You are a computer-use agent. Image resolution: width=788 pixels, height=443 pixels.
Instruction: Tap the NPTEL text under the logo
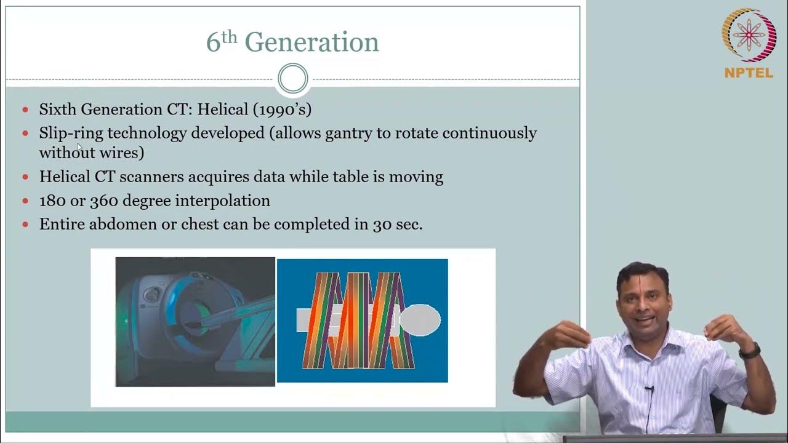749,73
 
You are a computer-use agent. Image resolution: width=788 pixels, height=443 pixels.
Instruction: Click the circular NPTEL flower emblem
749,35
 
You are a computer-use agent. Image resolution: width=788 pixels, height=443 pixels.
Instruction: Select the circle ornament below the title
292,79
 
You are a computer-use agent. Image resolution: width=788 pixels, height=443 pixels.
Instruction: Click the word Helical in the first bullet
223,110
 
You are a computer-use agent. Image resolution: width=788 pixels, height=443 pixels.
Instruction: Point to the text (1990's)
282,110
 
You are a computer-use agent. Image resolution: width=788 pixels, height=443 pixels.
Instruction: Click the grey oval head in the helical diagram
420,319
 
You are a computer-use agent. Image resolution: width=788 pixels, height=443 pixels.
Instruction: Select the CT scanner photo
195,322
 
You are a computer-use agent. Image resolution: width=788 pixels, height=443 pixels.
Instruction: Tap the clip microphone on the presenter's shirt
649,389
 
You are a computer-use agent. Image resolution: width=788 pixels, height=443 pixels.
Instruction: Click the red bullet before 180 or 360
25,201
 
